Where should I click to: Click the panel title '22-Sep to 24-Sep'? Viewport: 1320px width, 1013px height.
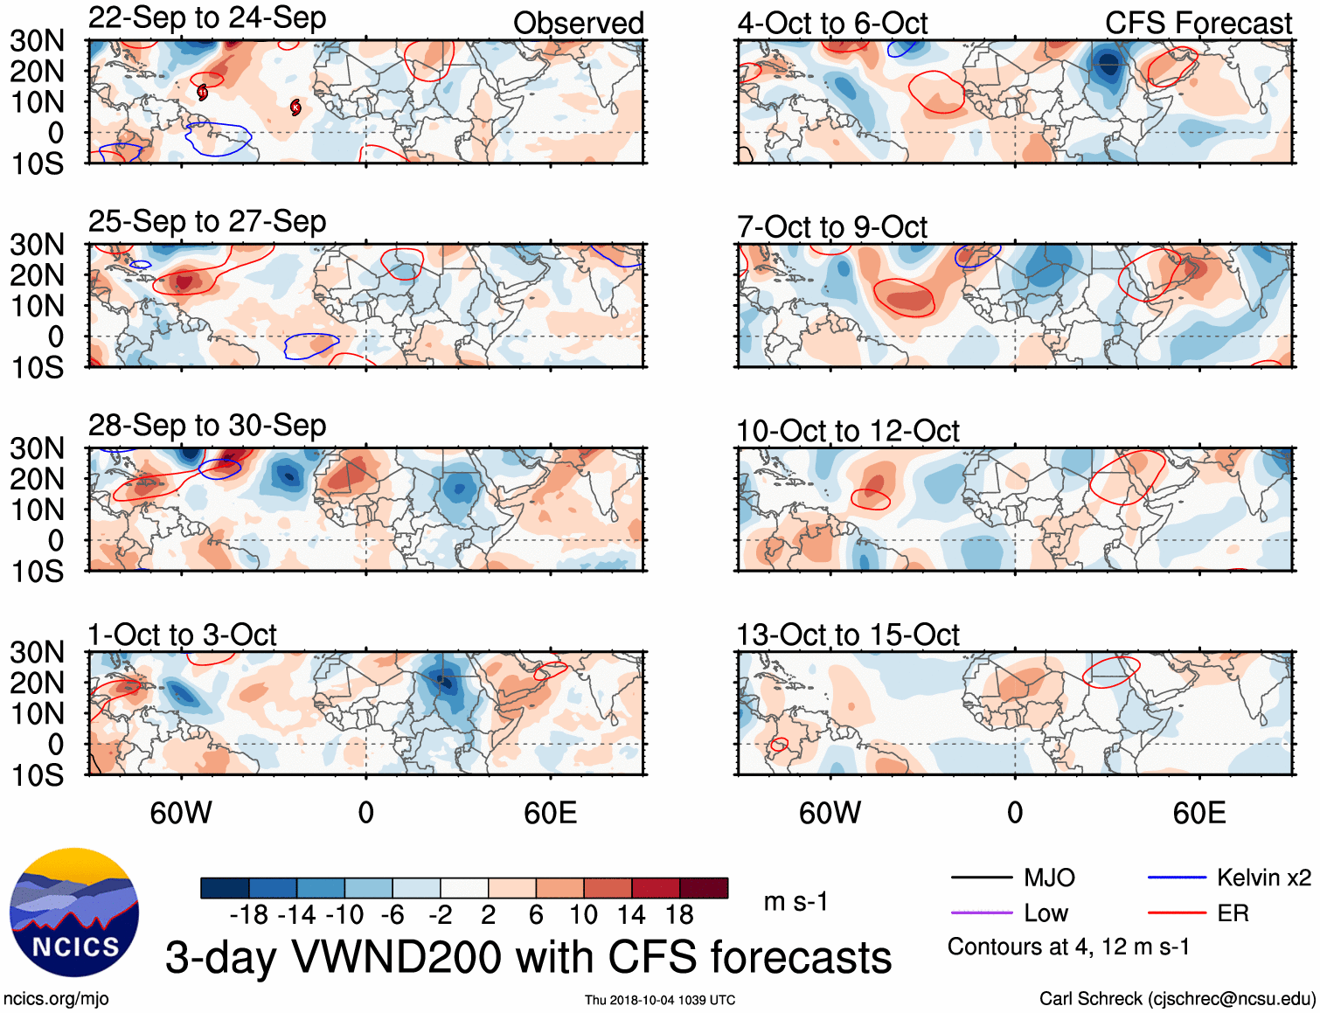click(x=207, y=18)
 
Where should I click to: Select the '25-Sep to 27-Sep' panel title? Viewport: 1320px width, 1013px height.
click(x=207, y=222)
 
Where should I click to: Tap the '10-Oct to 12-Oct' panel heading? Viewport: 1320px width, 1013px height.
click(x=848, y=431)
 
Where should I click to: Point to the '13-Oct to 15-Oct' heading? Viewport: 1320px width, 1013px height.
click(x=848, y=635)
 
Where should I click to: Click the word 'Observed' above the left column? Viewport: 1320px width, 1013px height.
click(x=578, y=24)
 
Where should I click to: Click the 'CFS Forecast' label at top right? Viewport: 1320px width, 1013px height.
click(x=1198, y=24)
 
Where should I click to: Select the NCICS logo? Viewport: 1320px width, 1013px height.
click(x=74, y=912)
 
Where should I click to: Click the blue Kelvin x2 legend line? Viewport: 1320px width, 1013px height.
click(x=1177, y=878)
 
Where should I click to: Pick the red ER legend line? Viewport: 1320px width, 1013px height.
click(x=1177, y=913)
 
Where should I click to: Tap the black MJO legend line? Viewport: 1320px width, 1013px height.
click(x=981, y=878)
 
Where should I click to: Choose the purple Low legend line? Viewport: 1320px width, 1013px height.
click(x=981, y=913)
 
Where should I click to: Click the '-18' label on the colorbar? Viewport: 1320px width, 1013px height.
click(x=249, y=915)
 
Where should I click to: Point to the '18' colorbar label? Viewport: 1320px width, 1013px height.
click(x=679, y=915)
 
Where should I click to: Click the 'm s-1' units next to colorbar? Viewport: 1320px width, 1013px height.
click(x=795, y=902)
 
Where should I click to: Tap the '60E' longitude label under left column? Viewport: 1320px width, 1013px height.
click(x=550, y=814)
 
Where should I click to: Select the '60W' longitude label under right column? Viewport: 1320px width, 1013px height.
click(x=830, y=814)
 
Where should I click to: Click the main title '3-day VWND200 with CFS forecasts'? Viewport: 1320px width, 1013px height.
click(x=528, y=958)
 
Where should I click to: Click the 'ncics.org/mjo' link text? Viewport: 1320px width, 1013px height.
click(x=56, y=999)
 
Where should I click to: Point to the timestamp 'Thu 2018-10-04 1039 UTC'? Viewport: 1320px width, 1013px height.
click(x=660, y=1000)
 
